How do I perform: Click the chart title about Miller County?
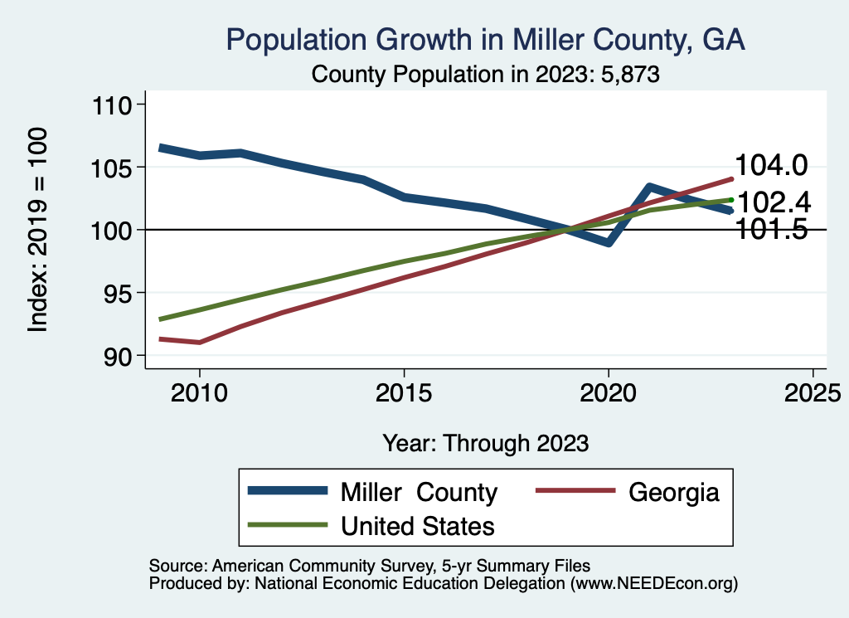[486, 40]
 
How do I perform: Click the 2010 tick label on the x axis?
[200, 392]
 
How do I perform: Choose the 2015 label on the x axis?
[404, 392]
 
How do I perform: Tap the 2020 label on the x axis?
[609, 392]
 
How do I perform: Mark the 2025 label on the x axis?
[813, 392]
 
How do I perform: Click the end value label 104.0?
[771, 166]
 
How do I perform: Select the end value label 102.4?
[774, 202]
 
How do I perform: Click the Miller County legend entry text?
[419, 492]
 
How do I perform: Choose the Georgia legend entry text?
[673, 492]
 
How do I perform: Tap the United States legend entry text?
[418, 525]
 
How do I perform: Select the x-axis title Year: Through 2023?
[486, 443]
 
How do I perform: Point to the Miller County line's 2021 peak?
[649, 187]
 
